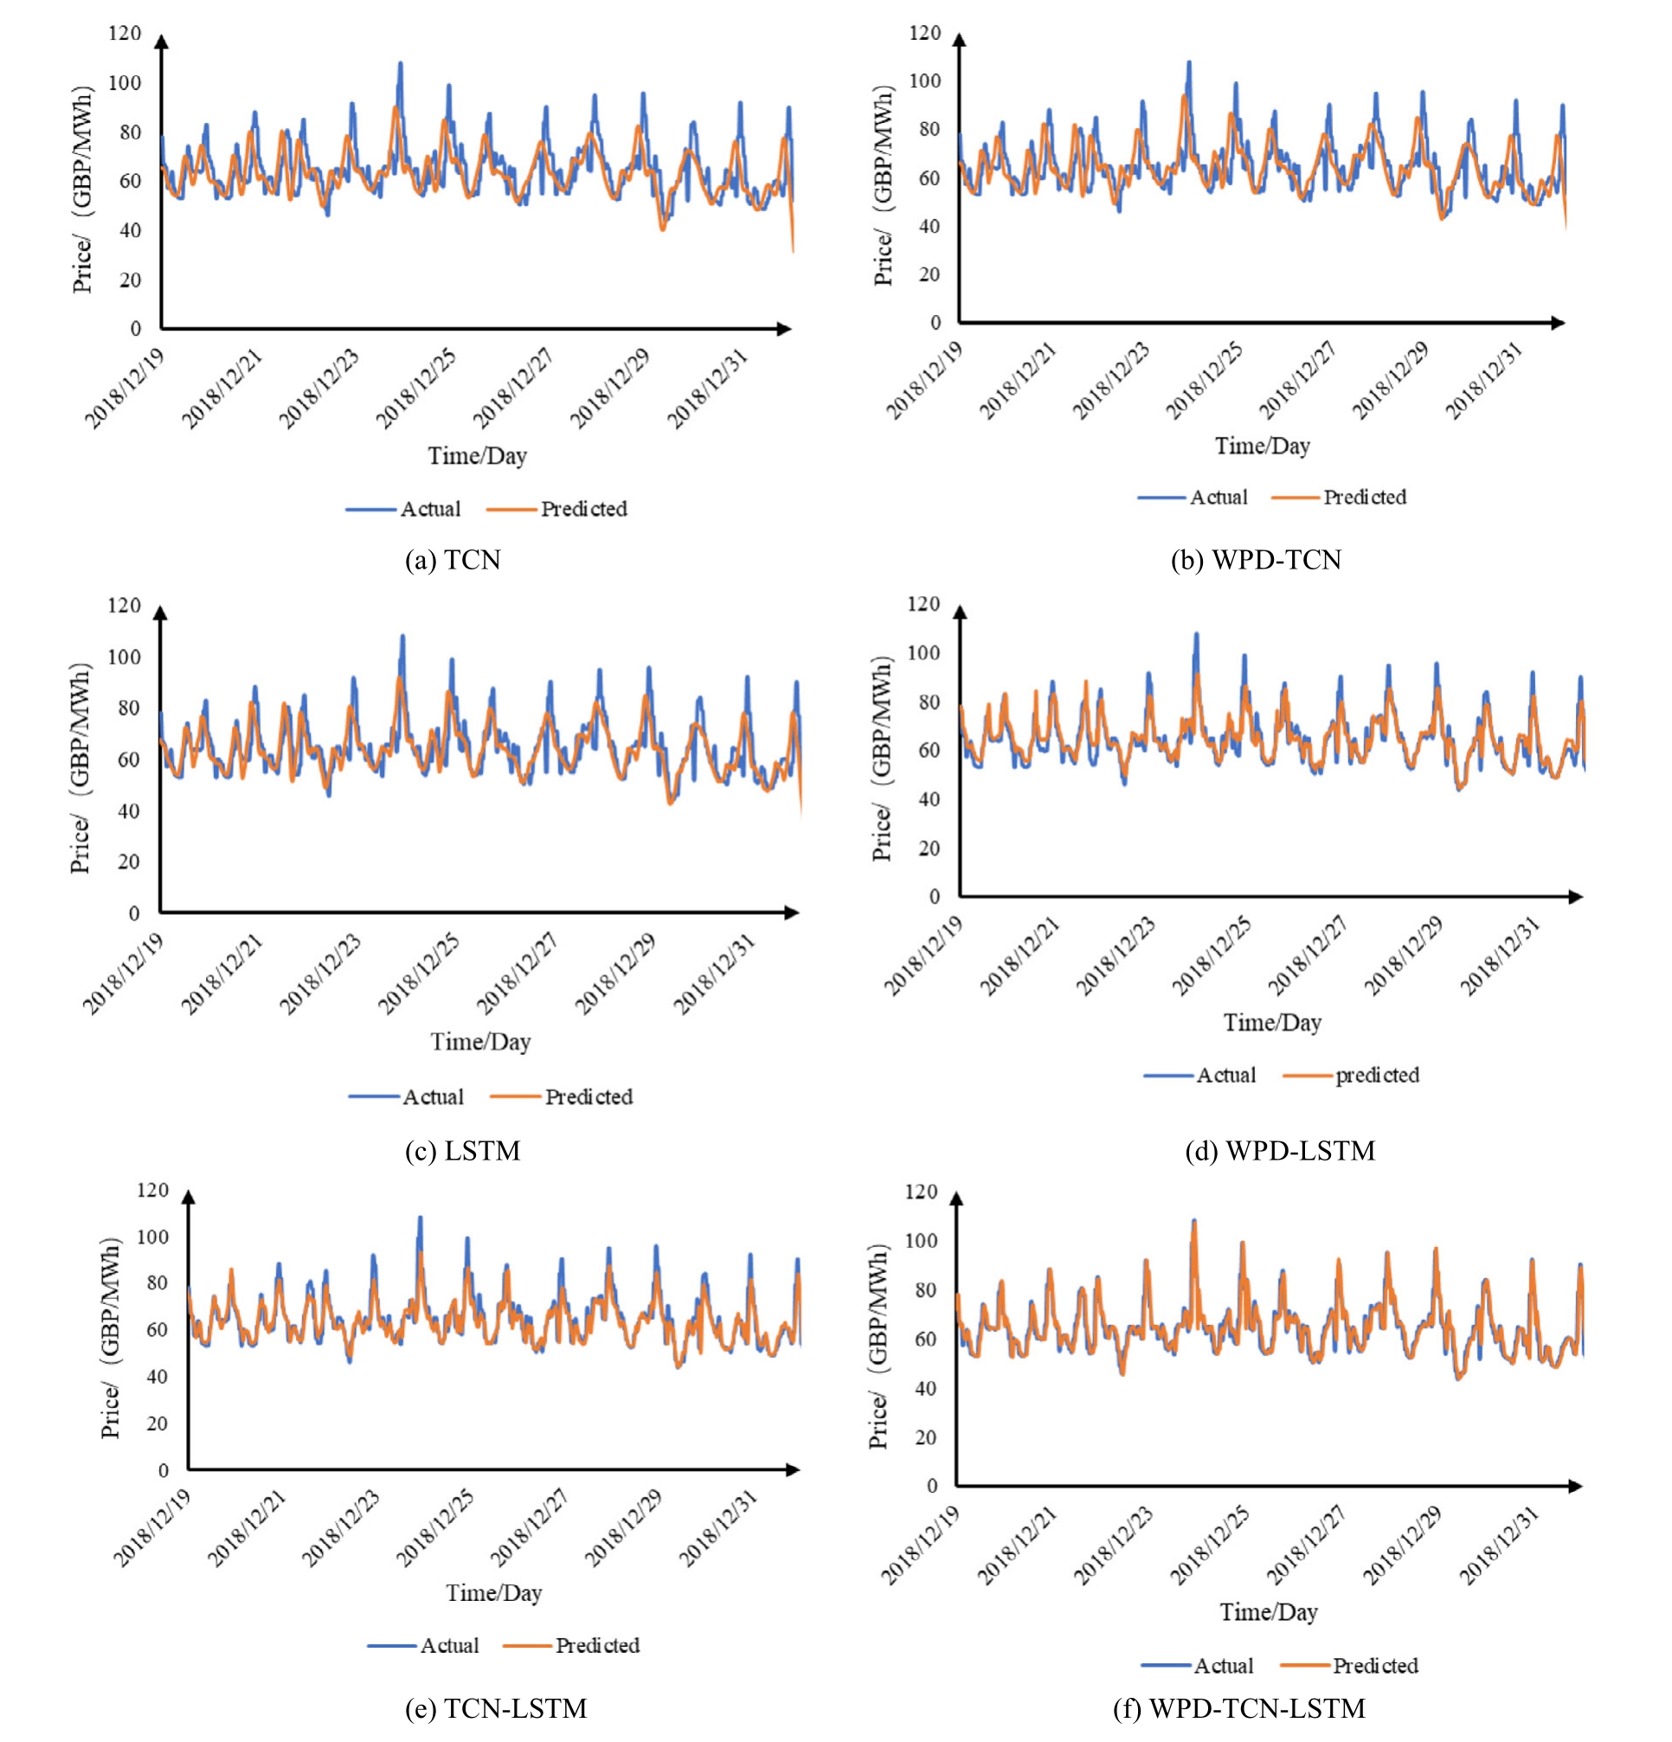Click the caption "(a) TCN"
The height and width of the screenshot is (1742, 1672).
453,560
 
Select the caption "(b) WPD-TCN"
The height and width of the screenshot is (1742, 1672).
1255,560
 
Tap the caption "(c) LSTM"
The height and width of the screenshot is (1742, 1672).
462,1151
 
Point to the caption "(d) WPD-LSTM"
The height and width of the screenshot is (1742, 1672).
1279,1151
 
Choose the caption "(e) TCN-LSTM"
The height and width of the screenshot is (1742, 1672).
495,1708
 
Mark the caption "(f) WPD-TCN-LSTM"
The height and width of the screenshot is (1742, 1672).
1238,1708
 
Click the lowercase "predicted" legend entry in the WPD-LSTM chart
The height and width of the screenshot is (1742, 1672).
1376,1076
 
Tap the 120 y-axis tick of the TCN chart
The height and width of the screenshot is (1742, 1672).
125,34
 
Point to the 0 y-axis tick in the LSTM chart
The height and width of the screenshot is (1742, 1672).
134,913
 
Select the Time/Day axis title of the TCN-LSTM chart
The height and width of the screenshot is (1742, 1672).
494,1592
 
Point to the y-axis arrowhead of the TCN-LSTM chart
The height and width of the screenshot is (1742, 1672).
189,1197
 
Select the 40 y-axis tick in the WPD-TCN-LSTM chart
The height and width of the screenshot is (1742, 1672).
924,1388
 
